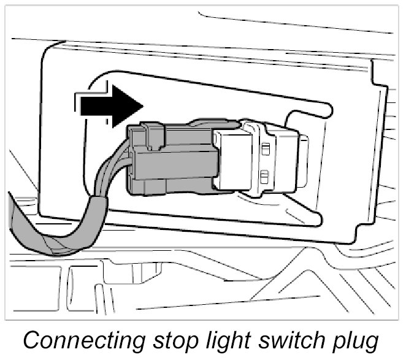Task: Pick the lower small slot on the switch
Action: [263, 177]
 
